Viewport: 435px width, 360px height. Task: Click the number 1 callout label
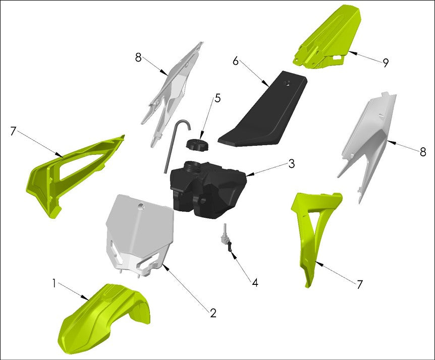tap(54, 284)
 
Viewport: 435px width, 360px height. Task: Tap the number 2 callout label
tap(213, 313)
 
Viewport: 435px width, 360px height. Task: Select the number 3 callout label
tap(292, 164)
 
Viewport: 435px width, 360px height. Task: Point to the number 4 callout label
tap(255, 283)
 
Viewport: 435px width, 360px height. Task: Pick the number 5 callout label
tap(217, 98)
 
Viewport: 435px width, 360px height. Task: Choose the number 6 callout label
tap(236, 61)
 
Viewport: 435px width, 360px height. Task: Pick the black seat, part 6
tap(262, 116)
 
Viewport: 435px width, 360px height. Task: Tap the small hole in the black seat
tap(288, 84)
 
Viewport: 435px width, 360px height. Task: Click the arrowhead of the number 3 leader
tap(248, 175)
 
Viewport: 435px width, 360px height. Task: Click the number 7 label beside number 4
tap(359, 285)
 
